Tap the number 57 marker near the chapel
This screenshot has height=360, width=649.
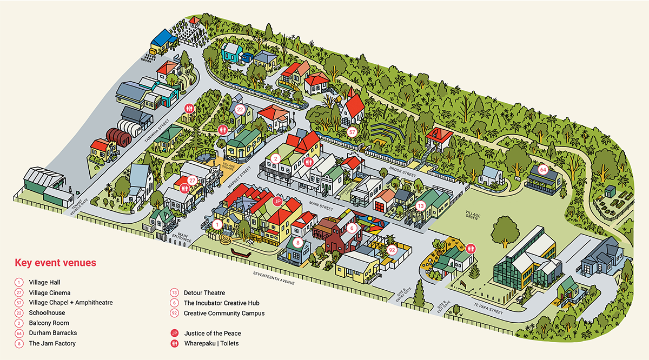[352, 131]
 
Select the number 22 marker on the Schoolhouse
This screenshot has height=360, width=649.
[240, 109]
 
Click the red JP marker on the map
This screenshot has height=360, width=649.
[277, 201]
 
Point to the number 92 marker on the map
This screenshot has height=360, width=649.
[392, 250]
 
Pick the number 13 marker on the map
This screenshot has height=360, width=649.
[421, 205]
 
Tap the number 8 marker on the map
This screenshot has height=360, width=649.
[297, 243]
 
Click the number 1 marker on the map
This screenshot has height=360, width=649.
[217, 224]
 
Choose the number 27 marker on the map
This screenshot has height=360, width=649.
[192, 180]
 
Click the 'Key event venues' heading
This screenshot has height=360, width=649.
[55, 263]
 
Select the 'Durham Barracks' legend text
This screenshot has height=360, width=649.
[49, 333]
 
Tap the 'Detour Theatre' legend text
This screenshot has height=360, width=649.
[204, 293]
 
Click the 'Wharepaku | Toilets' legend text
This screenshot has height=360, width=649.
[211, 343]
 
